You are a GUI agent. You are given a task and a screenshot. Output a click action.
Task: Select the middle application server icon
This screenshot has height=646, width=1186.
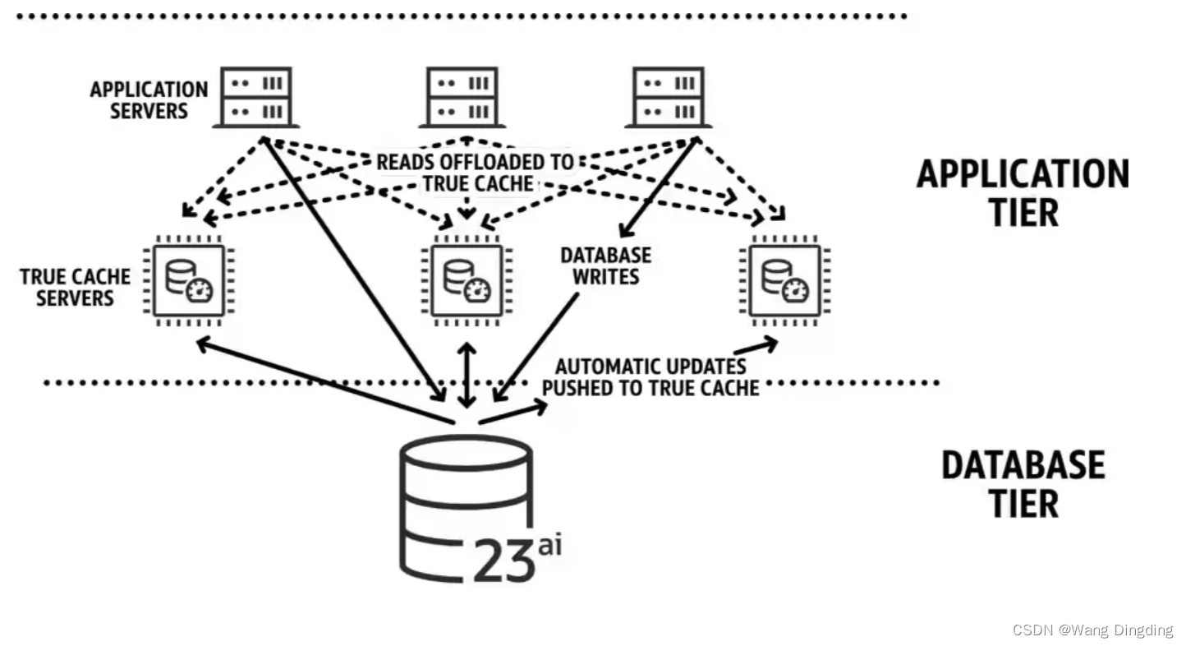click(462, 98)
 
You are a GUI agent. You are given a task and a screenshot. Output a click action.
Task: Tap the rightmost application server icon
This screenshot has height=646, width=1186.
click(669, 98)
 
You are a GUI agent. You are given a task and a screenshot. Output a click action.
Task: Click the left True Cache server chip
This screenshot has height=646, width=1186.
click(188, 279)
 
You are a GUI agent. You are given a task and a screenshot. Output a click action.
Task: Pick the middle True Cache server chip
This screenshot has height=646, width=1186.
click(467, 279)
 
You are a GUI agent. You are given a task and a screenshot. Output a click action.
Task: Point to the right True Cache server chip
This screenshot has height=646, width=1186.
click(784, 279)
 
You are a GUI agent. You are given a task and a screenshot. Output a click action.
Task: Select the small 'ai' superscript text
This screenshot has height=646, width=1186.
click(549, 544)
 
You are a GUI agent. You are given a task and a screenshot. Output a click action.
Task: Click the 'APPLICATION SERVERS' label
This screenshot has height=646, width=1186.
click(149, 100)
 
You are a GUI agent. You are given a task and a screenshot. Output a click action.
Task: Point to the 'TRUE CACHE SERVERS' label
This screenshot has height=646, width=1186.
click(75, 287)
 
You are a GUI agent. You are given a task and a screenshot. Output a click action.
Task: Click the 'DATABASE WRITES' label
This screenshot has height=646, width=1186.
click(605, 266)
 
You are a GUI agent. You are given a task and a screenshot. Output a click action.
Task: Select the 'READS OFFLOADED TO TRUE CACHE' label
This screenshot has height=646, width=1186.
click(476, 173)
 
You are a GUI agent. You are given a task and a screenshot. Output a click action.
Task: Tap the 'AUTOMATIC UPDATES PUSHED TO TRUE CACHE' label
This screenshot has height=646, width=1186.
click(650, 377)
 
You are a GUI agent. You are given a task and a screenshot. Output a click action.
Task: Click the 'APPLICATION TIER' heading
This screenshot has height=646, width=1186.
click(1023, 192)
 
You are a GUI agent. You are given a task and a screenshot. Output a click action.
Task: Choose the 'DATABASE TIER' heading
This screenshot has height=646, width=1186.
click(1023, 483)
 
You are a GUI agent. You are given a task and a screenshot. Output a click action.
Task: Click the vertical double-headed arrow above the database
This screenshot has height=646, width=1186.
click(467, 375)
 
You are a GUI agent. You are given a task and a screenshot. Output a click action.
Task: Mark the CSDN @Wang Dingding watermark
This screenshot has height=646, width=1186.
click(1092, 630)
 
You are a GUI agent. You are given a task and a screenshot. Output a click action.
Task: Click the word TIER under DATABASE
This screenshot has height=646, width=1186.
click(1023, 503)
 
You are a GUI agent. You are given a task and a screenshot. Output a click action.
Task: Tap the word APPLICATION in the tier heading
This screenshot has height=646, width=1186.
click(1023, 174)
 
